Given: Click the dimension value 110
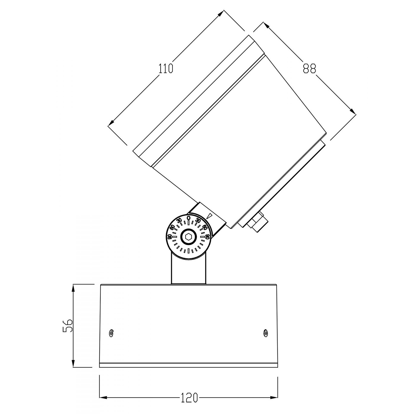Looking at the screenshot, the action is click(166, 69).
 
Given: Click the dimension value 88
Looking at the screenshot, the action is click(309, 69).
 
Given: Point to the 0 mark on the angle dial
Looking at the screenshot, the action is click(188, 218).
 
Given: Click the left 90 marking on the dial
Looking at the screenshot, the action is click(170, 237).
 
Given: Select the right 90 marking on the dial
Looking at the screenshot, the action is click(207, 237).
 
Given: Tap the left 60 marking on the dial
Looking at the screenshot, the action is click(172, 227).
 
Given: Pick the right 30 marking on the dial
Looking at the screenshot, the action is click(198, 220).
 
